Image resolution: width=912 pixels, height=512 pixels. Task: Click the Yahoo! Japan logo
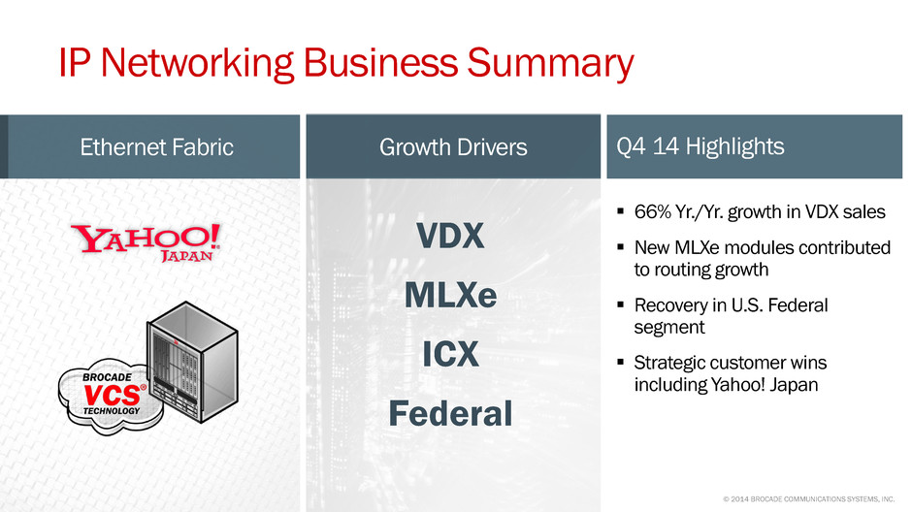tap(146, 243)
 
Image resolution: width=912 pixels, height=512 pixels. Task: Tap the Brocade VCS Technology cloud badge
tap(110, 397)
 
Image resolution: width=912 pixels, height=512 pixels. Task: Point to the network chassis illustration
tap(192, 362)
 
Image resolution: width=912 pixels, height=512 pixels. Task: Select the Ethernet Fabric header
tap(156, 147)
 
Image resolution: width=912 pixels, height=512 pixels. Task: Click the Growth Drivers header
tap(453, 147)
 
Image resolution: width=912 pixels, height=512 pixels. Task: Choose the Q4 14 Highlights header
tap(700, 146)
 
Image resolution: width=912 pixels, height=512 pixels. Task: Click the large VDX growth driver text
tap(450, 236)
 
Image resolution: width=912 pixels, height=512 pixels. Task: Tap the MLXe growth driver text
tap(451, 295)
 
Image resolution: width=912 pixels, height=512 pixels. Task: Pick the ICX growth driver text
tap(451, 354)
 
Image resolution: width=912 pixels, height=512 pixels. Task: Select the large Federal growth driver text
tap(451, 413)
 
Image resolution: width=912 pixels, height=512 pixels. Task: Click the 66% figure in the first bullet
tap(653, 211)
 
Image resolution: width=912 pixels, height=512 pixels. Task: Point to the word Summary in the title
tap(550, 63)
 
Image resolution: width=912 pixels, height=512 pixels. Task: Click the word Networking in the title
tap(198, 63)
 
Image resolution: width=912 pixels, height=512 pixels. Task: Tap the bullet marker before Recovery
tap(621, 304)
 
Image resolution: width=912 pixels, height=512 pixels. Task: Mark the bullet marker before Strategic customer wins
tap(621, 362)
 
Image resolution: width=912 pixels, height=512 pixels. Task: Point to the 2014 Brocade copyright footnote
tap(808, 498)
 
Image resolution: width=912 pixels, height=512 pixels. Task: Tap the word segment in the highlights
tap(668, 327)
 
